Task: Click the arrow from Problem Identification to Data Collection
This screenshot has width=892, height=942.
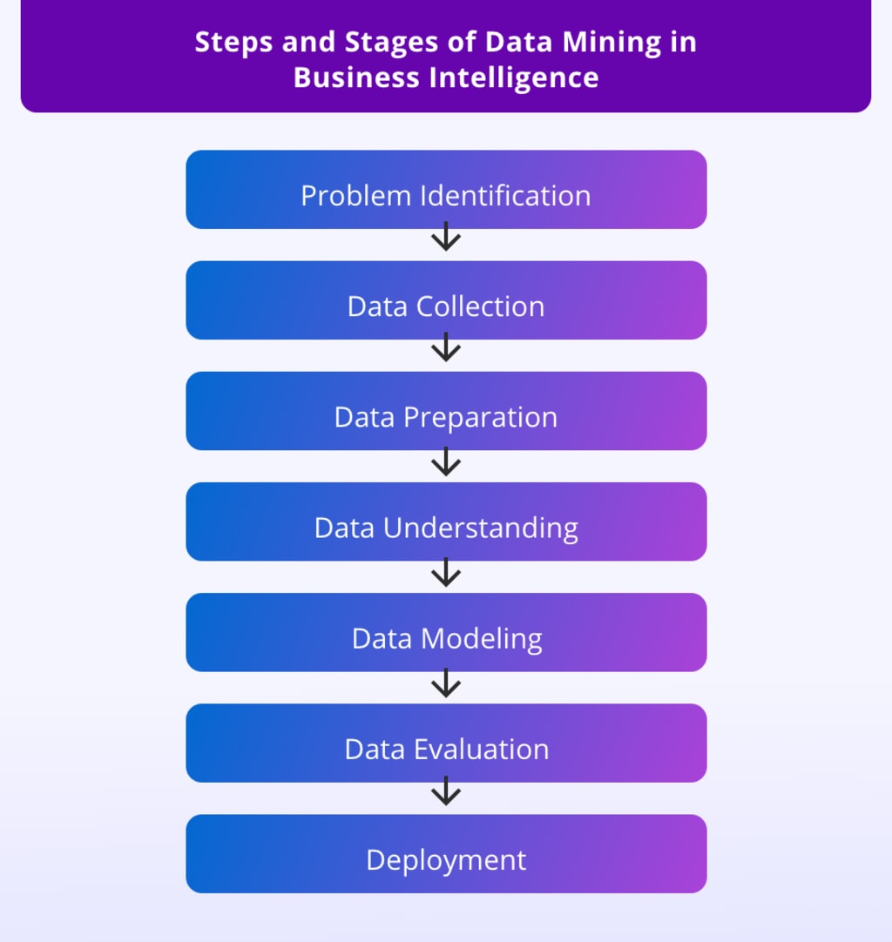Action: point(446,237)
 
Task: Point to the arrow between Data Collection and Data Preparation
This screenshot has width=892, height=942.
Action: point(446,347)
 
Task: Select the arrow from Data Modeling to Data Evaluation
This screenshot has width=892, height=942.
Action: point(446,683)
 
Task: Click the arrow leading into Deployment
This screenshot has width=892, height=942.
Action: point(446,791)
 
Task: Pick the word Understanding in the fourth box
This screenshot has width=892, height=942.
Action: point(481,528)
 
